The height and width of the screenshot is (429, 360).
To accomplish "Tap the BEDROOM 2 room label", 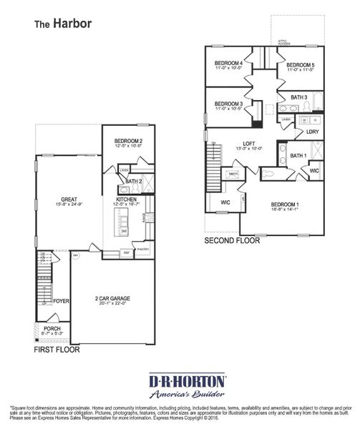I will [x=118, y=140].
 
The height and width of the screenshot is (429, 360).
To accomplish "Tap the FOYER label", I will [x=62, y=301].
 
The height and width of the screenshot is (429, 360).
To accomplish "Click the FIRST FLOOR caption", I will [x=57, y=350].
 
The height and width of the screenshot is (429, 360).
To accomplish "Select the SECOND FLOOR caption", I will [x=232, y=241].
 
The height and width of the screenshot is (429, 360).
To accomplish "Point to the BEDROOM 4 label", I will [x=229, y=63].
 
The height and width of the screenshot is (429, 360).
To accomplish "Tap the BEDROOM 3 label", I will [x=228, y=104].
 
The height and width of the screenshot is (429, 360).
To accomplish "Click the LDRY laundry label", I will [x=312, y=132].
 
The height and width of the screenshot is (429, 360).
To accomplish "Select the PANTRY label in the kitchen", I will [x=142, y=250].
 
